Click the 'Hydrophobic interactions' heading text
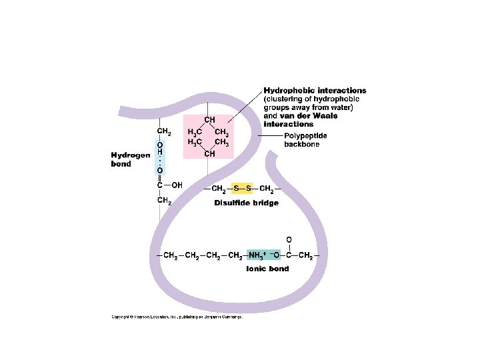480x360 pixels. click(315, 91)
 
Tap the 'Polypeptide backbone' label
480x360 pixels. click(306, 140)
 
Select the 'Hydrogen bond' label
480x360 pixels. click(130, 160)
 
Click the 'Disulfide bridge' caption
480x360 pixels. click(246, 203)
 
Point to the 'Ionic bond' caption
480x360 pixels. click(267, 269)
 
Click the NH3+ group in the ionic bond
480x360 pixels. click(258, 255)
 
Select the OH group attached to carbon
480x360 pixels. click(177, 185)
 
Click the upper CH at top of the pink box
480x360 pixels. click(209, 120)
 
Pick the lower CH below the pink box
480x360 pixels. click(209, 155)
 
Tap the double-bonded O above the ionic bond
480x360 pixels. click(288, 239)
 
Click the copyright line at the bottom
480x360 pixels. click(177, 317)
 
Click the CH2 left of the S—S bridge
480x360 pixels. click(218, 189)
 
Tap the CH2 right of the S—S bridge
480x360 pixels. click(267, 189)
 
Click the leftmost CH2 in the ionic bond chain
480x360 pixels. click(171, 255)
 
